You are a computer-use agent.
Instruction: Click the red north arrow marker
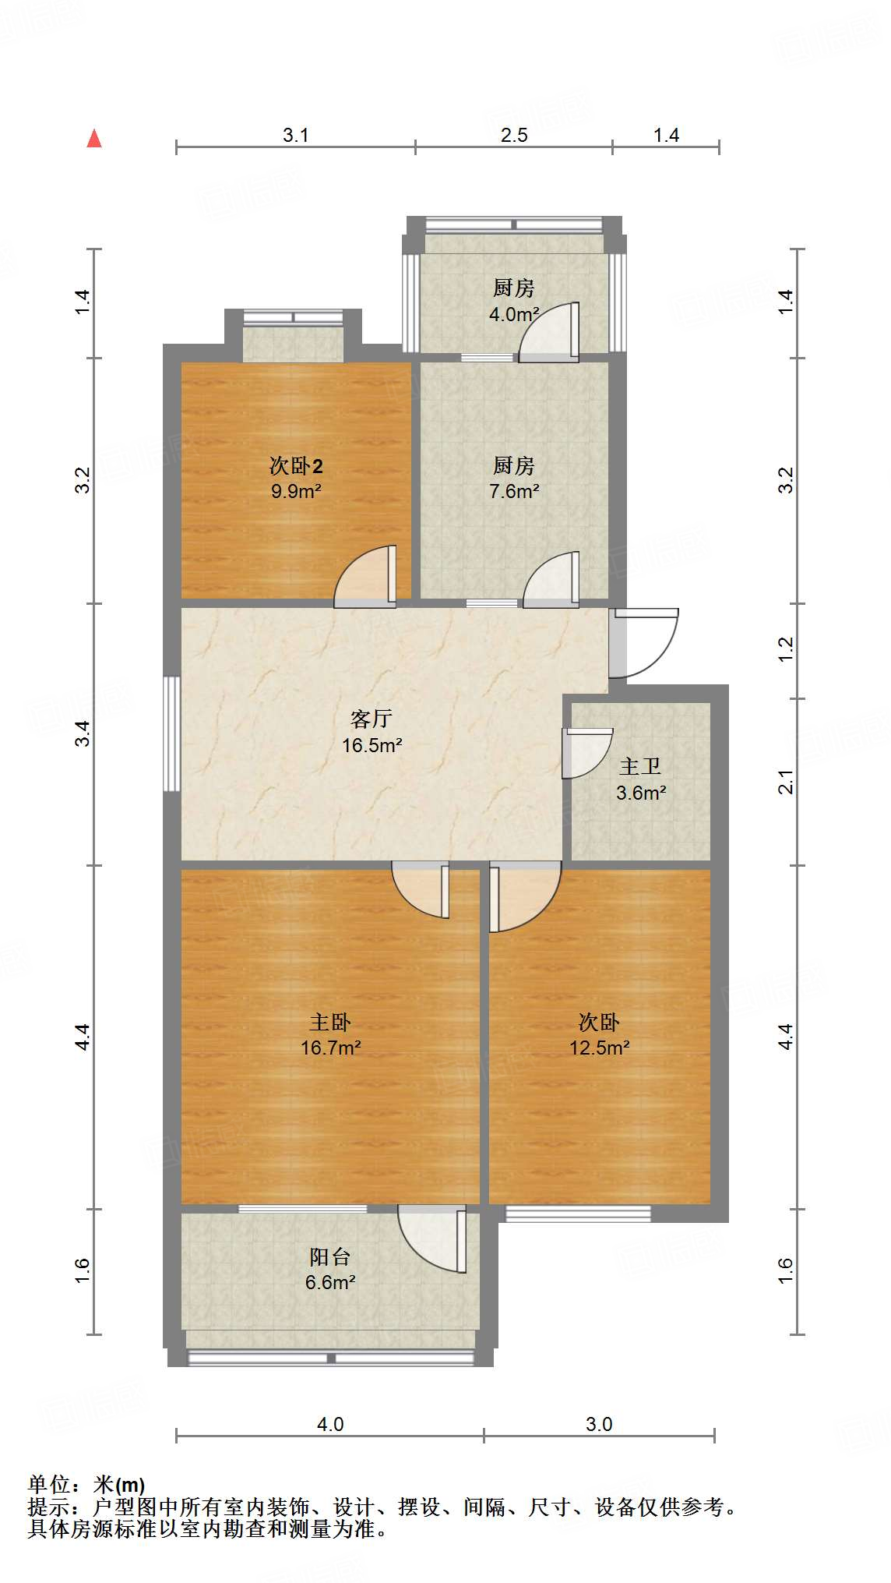94,139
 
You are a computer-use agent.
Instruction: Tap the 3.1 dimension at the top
295,136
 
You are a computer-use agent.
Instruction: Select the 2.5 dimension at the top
513,136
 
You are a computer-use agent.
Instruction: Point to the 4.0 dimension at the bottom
329,1424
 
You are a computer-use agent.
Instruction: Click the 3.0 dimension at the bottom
598,1424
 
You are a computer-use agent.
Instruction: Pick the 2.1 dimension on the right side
786,781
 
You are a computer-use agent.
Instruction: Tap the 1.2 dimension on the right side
786,649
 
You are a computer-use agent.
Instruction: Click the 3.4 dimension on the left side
83,733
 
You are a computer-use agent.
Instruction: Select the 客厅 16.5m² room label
372,732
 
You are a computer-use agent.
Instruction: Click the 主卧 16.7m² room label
330,1034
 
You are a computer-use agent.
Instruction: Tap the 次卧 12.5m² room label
598,1034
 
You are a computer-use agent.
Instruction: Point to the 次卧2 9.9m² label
296,478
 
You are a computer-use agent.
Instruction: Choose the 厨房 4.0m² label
513,301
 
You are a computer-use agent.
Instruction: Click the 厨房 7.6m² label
513,478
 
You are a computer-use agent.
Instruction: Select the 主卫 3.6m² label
640,779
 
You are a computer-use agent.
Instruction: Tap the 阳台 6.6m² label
330,1269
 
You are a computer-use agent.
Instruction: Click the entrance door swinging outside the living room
645,642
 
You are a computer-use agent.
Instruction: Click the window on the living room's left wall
171,733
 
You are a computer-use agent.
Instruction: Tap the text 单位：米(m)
86,1485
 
